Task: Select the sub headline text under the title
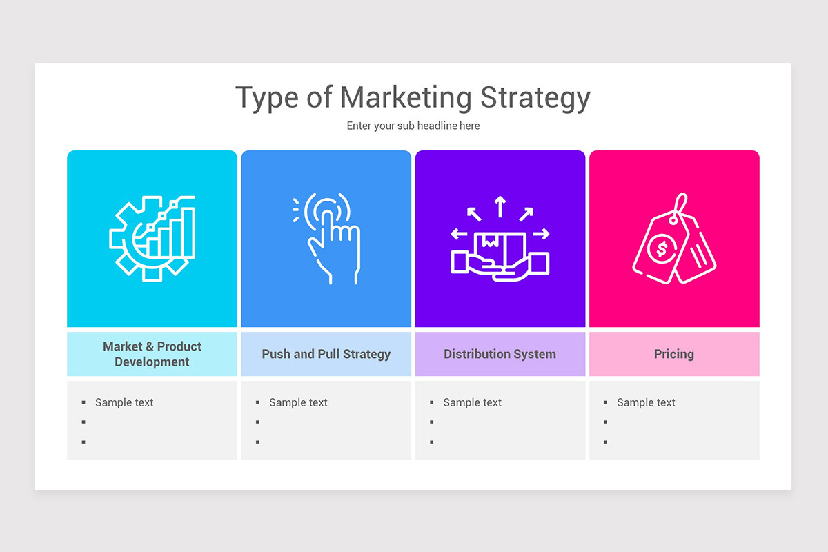[413, 126]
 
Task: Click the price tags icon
[674, 238]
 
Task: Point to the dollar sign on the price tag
[662, 248]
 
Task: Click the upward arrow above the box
[500, 206]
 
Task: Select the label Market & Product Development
[152, 354]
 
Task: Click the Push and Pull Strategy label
[326, 354]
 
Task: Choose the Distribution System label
[500, 354]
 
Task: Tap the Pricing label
[674, 354]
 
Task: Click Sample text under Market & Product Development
[124, 402]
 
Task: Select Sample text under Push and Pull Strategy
[298, 402]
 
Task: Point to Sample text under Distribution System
[472, 402]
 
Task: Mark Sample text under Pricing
[646, 402]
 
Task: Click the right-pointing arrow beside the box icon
[542, 234]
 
